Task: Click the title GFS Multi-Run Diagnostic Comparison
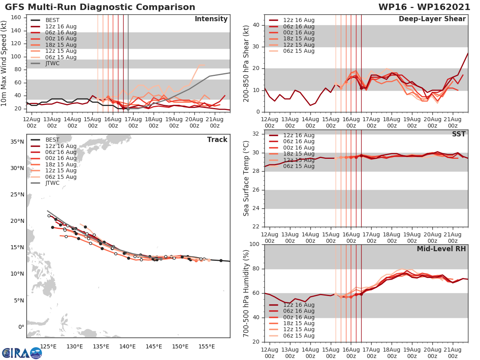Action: coord(100,7)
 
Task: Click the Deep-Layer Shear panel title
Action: coord(432,19)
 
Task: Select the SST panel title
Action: coord(459,134)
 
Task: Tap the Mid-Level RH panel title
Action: coord(441,249)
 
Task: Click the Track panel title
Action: coord(217,140)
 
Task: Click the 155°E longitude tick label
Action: coord(206,346)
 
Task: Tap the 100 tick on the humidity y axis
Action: coord(254,244)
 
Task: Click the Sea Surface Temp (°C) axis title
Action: coord(247,178)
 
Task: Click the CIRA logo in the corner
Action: coord(22,353)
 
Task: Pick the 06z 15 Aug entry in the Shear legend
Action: coord(299,51)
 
